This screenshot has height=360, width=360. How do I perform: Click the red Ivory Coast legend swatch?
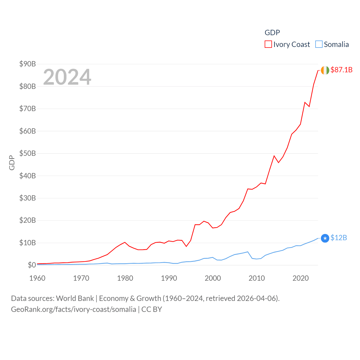(268, 44)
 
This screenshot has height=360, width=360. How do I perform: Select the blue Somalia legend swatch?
(319, 44)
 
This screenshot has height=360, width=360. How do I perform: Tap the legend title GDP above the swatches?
(272, 33)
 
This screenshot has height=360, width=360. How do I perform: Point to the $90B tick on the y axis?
(28, 64)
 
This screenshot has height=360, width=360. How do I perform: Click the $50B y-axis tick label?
(28, 154)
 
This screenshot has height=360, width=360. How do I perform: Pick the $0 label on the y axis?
(32, 265)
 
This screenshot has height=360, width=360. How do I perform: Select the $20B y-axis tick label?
(28, 220)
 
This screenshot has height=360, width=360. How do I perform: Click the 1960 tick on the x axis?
(37, 278)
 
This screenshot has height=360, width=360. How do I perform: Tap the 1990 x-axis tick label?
(169, 278)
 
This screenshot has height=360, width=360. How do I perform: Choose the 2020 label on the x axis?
(301, 278)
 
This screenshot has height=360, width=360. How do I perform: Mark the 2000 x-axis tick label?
(213, 278)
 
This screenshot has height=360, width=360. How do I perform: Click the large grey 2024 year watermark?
(67, 77)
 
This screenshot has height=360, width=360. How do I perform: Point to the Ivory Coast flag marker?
(325, 70)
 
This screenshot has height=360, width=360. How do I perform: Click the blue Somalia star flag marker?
(325, 238)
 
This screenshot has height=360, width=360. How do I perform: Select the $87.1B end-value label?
(341, 70)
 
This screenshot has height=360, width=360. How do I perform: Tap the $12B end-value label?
(339, 238)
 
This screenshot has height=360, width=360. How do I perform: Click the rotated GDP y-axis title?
(12, 163)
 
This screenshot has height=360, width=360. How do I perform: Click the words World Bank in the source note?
(75, 298)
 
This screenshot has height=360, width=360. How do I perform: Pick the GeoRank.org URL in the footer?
(73, 309)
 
